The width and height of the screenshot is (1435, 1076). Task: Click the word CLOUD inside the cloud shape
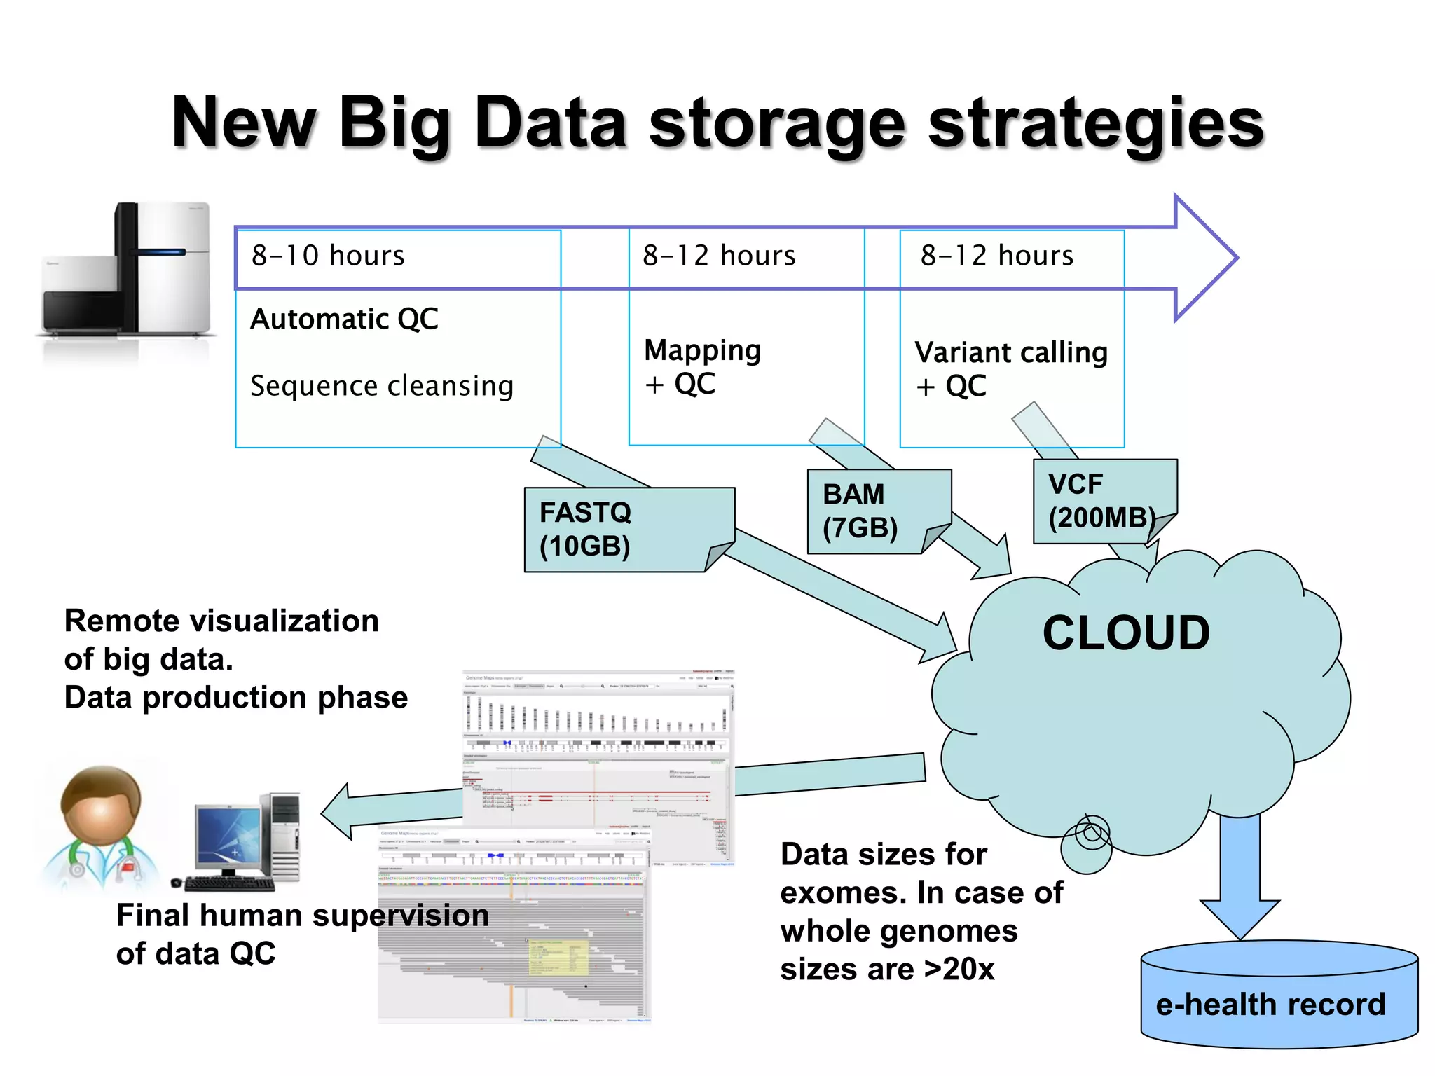click(1126, 633)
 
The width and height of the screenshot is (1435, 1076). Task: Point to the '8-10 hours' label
click(328, 256)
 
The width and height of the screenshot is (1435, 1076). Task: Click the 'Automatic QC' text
click(344, 319)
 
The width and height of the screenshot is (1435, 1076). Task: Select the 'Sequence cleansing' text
click(382, 386)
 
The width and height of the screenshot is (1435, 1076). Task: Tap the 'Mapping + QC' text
click(702, 366)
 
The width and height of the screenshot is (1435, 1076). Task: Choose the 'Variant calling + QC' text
click(1010, 368)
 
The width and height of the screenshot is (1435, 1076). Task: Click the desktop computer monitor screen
click(228, 837)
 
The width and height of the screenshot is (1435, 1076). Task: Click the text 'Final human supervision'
click(302, 916)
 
